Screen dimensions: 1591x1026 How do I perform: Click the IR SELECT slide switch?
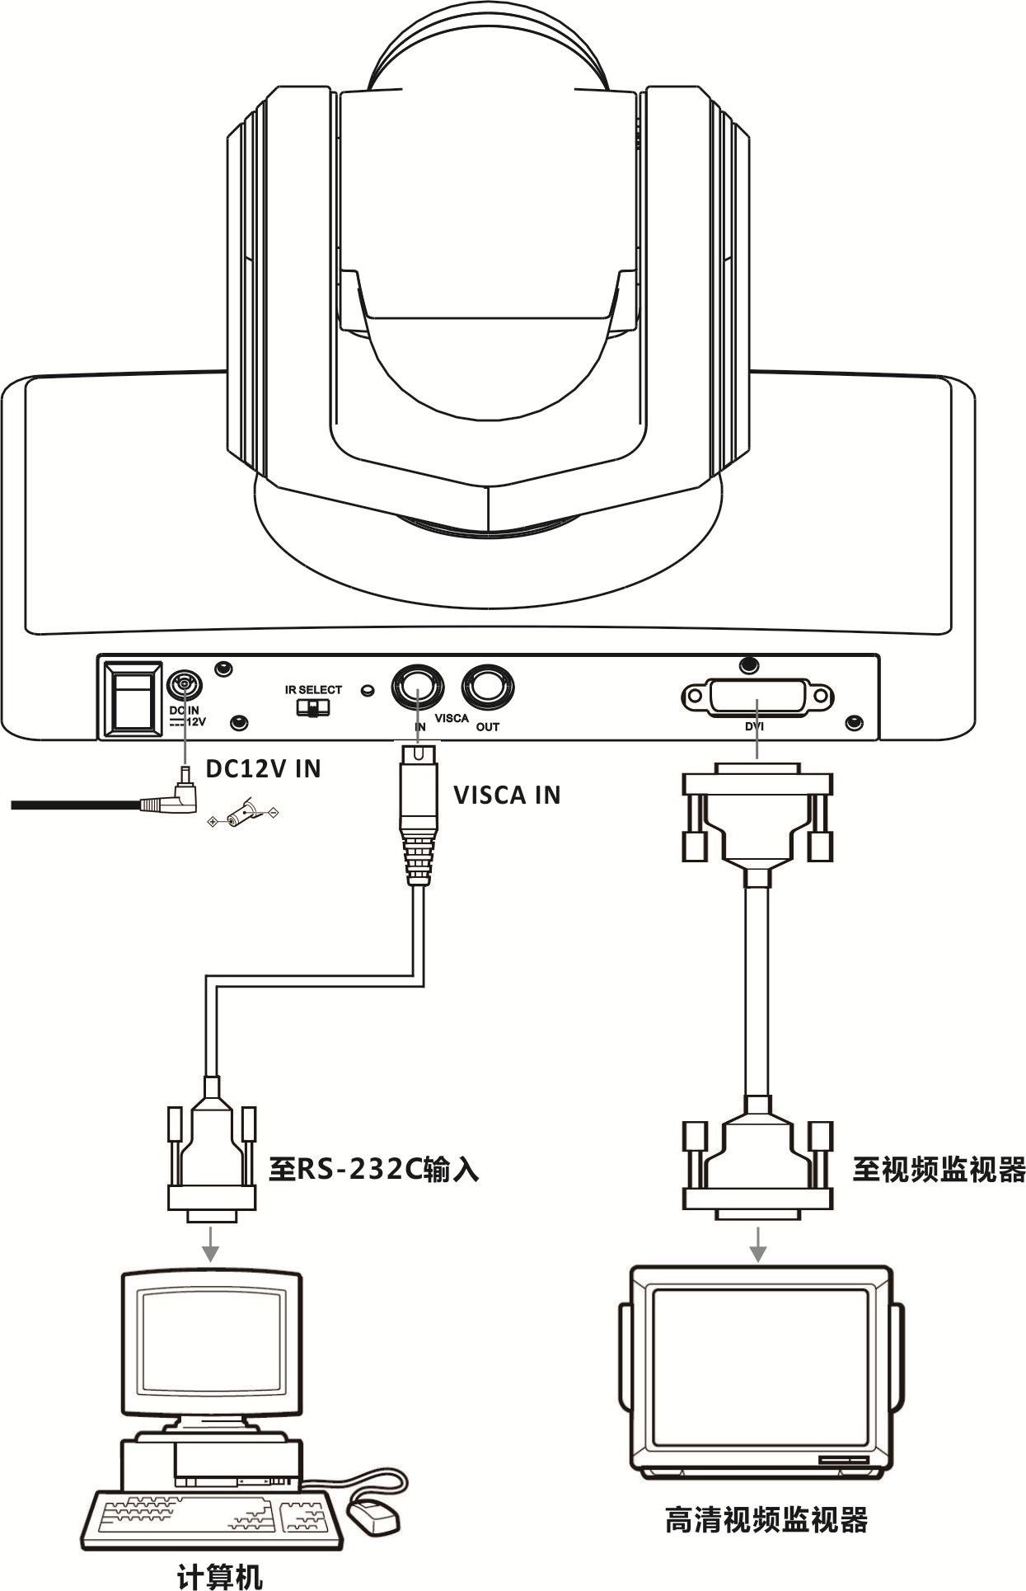click(x=312, y=707)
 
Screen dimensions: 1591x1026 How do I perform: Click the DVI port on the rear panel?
click(x=757, y=697)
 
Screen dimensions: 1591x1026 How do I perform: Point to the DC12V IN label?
click(x=263, y=769)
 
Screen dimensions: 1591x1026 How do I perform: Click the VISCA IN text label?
click(x=507, y=795)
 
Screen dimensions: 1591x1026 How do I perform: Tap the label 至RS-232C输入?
click(x=373, y=1169)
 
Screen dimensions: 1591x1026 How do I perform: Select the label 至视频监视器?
click(x=939, y=1169)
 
